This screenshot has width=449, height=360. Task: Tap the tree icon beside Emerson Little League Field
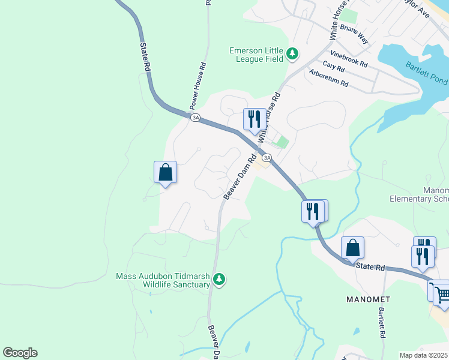[x=292, y=55]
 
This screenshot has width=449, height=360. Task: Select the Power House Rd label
[x=199, y=86]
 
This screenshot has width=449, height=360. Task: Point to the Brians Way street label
[x=354, y=34]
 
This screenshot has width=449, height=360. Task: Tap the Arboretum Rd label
[x=328, y=79]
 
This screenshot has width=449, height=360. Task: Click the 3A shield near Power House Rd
[x=195, y=118]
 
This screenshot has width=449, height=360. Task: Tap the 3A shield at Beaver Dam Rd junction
[x=267, y=157]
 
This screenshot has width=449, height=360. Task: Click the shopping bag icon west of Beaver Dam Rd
[x=165, y=173]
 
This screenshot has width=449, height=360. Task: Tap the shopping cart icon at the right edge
[x=442, y=293]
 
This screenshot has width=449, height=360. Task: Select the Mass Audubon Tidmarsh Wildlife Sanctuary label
[x=163, y=280]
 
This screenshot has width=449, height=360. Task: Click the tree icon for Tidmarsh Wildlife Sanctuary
[x=220, y=279]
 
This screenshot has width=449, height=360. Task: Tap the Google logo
[x=20, y=353]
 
